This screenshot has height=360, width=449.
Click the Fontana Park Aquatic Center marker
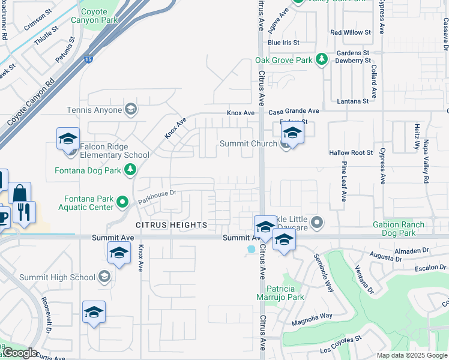tap(123, 202)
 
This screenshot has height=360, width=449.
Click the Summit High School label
tap(57, 277)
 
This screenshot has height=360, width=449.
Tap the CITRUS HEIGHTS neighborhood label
tap(171, 225)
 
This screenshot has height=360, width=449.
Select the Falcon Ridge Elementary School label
tap(110, 155)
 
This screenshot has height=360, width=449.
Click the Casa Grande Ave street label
tap(294, 112)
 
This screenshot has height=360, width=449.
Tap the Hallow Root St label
tap(351, 153)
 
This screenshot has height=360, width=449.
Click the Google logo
tap(19, 353)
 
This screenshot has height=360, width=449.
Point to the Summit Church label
tap(249, 143)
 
